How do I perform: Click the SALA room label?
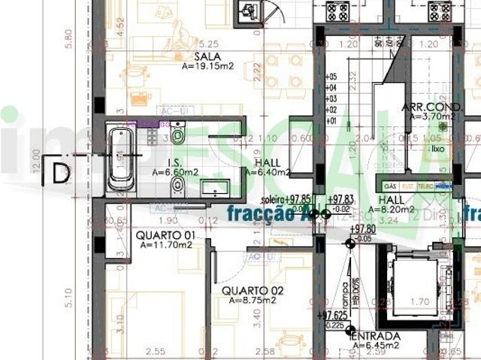coord(206,56)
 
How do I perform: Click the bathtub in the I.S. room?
coord(121,159)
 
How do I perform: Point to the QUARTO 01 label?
coord(165,235)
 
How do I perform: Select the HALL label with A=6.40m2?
coord(268,163)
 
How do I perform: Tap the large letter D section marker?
coord(61,172)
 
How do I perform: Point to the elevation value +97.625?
coord(332,316)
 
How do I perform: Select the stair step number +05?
coord(331,77)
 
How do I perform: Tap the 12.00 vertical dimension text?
coord(36,159)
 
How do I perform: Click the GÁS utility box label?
coord(390,185)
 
